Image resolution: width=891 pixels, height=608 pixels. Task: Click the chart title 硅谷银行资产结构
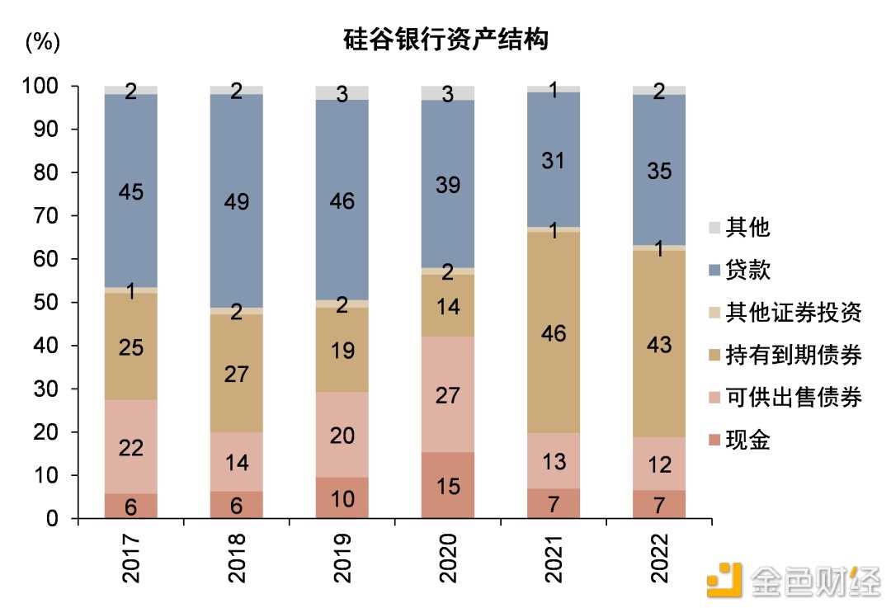point(445,39)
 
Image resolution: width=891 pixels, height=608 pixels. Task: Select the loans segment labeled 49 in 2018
point(237,200)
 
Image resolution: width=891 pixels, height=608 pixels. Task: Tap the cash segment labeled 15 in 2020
point(448,485)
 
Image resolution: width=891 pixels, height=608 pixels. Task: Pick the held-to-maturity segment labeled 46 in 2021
point(554,332)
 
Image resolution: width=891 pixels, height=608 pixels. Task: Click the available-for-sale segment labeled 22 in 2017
point(131,446)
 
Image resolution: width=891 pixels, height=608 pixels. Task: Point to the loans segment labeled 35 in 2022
point(659,171)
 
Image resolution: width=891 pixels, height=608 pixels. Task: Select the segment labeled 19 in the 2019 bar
point(342,350)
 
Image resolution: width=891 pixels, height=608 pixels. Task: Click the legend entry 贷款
point(747,270)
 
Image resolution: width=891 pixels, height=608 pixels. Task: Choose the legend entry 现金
point(747,441)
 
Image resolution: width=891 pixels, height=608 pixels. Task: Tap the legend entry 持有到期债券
point(793,356)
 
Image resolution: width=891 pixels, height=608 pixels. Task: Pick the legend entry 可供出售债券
point(793,398)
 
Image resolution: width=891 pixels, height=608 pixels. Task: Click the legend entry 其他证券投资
point(793,313)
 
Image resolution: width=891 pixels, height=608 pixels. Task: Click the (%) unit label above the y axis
point(43,43)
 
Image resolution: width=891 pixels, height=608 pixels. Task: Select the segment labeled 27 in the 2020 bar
point(448,394)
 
